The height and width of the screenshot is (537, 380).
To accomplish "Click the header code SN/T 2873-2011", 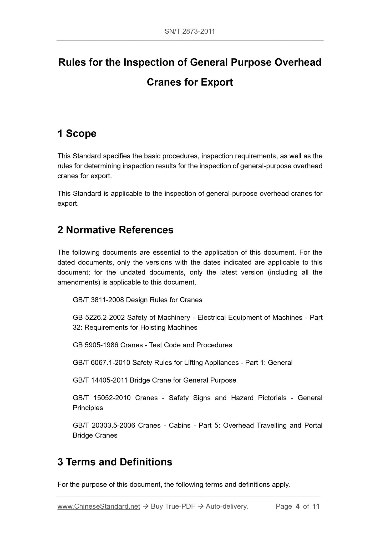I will [190, 32].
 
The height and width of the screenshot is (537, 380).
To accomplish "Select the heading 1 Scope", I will [77, 133].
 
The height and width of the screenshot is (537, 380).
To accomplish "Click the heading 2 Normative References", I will [115, 230].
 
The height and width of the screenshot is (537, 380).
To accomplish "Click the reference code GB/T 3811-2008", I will [98, 300].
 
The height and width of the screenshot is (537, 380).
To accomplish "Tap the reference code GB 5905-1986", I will [95, 345].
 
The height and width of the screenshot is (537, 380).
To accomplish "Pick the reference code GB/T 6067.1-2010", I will [102, 363].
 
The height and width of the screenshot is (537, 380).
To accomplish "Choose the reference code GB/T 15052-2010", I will [102, 398].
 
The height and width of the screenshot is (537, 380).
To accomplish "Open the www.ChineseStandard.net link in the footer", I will [99, 507].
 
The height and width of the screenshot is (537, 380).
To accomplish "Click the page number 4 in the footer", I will [297, 507].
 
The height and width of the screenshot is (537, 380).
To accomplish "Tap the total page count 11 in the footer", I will [316, 507].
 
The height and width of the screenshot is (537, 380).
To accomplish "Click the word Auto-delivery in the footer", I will [227, 507].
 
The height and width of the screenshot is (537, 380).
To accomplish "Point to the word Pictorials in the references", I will [272, 398].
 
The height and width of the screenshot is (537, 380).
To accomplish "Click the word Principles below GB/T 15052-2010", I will [88, 408].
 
